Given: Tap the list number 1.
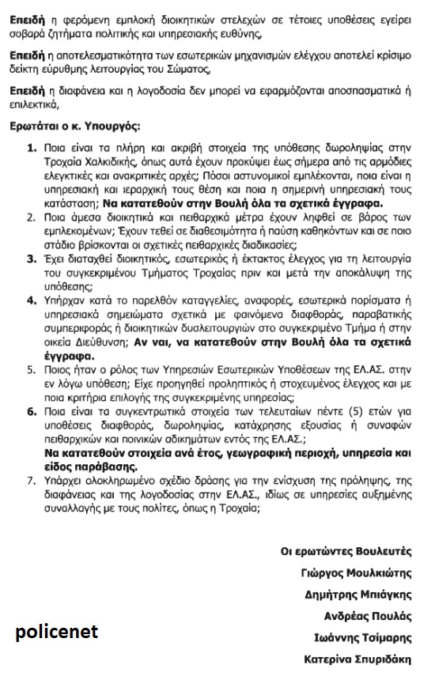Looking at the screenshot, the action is [32, 148].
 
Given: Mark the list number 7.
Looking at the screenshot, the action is [32, 478].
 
